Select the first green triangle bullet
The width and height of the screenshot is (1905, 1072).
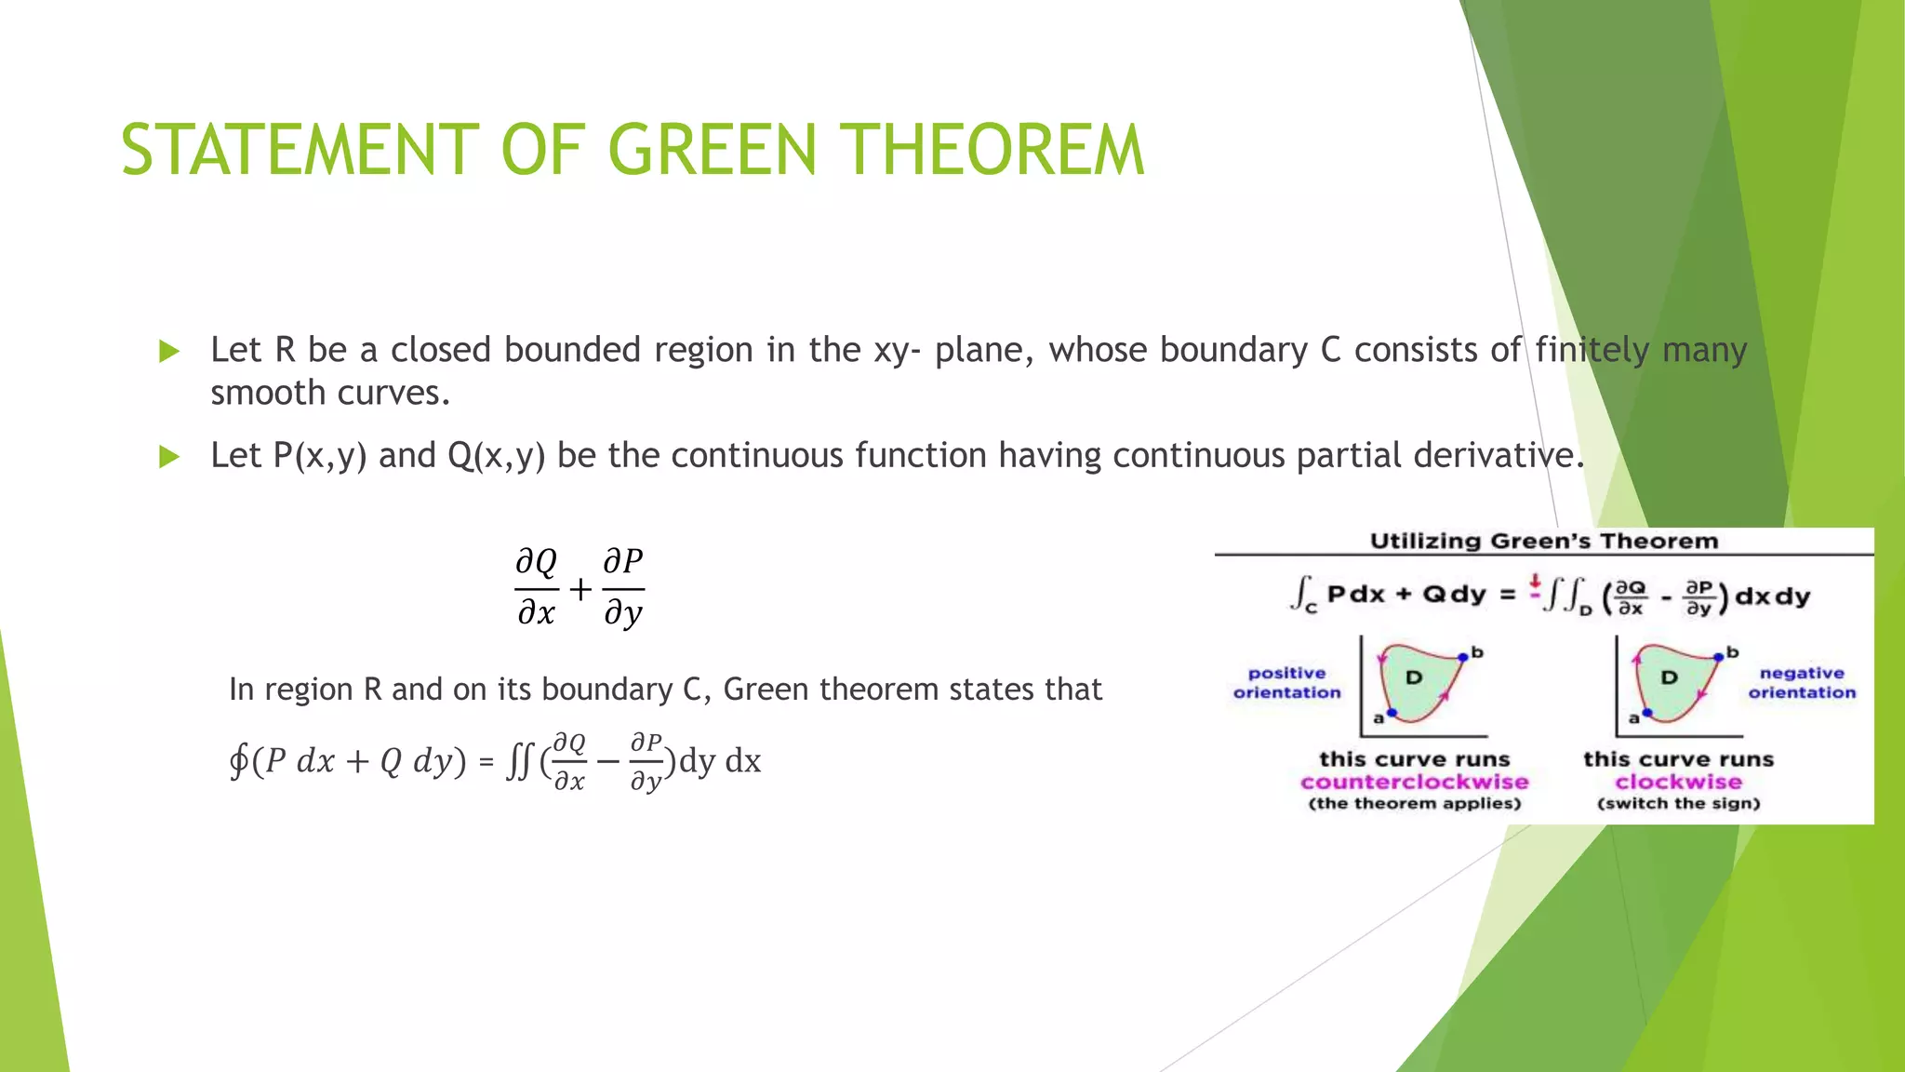tap(168, 352)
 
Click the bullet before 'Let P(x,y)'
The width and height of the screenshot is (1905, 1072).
tap(168, 457)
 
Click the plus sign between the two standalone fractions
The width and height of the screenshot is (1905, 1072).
tap(580, 589)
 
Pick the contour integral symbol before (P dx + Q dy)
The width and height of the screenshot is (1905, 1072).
tap(239, 761)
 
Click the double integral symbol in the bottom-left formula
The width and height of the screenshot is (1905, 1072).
tap(519, 762)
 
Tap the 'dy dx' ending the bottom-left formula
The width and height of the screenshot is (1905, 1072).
tap(720, 761)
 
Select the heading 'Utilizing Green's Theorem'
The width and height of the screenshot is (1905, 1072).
tap(1543, 542)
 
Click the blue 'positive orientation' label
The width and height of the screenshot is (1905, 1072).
tap(1286, 682)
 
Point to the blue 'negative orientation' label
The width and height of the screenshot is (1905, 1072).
tap(1801, 682)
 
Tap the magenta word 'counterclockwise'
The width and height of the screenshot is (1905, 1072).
tap(1414, 782)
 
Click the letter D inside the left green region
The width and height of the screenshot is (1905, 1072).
tap(1414, 677)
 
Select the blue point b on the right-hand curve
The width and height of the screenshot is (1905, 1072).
tap(1718, 657)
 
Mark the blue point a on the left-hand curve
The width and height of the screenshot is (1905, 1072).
tap(1392, 713)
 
